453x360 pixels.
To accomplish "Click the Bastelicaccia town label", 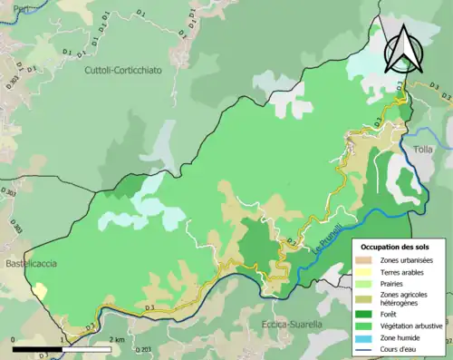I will (x=30, y=263).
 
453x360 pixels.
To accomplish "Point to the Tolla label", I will (x=423, y=149).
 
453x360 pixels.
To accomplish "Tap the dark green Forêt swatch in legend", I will (x=366, y=316).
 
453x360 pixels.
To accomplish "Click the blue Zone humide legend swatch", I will (x=366, y=337).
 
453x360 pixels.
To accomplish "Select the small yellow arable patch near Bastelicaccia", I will (x=41, y=290).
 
